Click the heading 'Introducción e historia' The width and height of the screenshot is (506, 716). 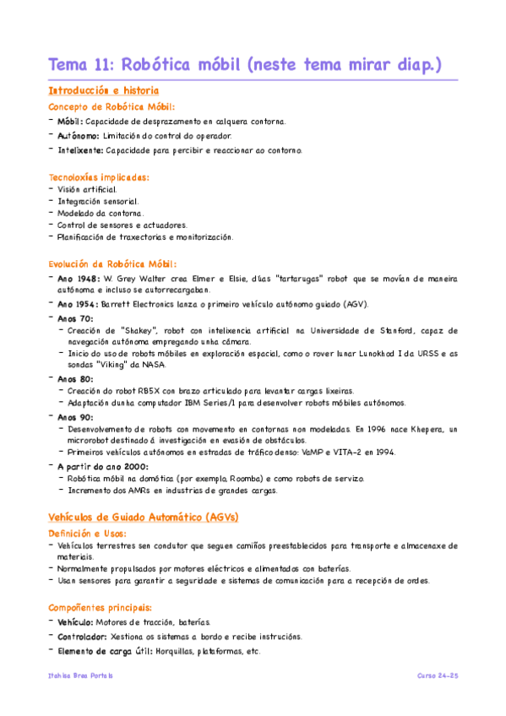(104, 90)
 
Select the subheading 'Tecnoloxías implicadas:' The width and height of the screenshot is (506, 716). (99, 177)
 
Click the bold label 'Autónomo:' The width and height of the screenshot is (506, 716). (79, 135)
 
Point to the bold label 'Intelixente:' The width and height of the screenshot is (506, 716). (81, 149)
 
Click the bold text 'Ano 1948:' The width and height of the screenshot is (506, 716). (79, 278)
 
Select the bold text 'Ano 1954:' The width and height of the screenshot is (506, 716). (79, 304)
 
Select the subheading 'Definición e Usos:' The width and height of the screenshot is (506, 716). (88, 534)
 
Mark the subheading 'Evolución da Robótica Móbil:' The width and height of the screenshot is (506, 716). (112, 263)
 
